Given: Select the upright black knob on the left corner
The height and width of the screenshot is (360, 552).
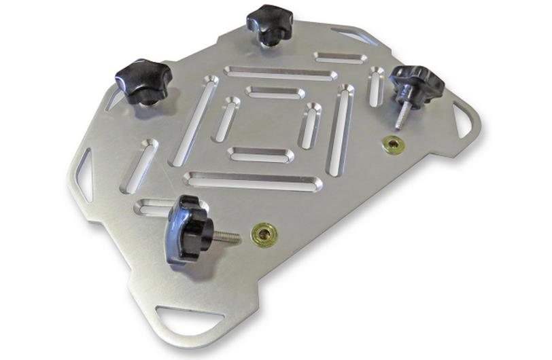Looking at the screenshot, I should [x=141, y=80].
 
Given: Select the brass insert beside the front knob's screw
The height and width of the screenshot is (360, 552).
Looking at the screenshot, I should [x=263, y=234].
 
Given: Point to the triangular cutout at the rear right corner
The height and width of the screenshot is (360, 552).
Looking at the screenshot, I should [x=356, y=35].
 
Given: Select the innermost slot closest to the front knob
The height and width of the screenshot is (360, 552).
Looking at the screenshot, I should [x=261, y=154].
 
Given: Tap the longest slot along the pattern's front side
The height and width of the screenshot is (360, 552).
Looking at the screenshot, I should [x=252, y=181].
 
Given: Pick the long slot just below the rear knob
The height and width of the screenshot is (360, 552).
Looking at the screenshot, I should [x=280, y=72].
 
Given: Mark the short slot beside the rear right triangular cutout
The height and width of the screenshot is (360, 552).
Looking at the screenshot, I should [x=341, y=57].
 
